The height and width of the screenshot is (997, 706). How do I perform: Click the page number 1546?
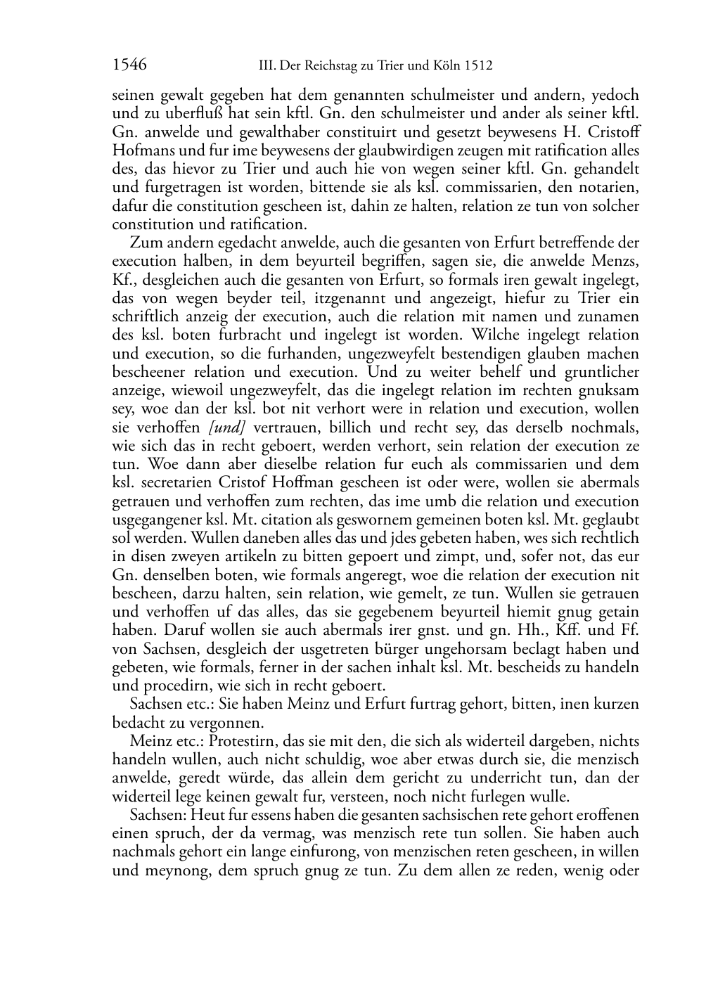point(129,65)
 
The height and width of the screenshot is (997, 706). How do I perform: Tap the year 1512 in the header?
point(478,66)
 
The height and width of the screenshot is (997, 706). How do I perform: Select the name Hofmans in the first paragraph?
point(139,150)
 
